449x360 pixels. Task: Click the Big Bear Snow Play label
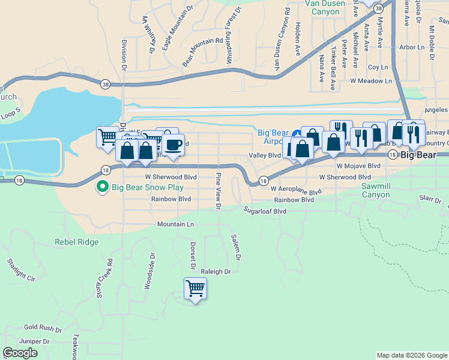[x=147, y=187]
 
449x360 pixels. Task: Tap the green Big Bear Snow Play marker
[x=103, y=187]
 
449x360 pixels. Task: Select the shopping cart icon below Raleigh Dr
[x=195, y=289]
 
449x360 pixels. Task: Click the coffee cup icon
[x=173, y=145]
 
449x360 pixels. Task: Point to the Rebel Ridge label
[x=76, y=242]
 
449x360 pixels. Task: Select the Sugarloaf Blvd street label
[x=265, y=211]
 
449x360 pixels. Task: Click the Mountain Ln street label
[x=176, y=224]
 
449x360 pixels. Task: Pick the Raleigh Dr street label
[x=216, y=272]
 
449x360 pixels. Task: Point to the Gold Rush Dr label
[x=43, y=329]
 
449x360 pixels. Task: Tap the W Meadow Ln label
[x=371, y=80]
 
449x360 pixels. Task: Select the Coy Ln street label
[x=378, y=68]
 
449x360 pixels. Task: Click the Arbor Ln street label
[x=411, y=47]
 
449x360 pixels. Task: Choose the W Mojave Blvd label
[x=358, y=165]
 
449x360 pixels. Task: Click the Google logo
[x=20, y=353]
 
